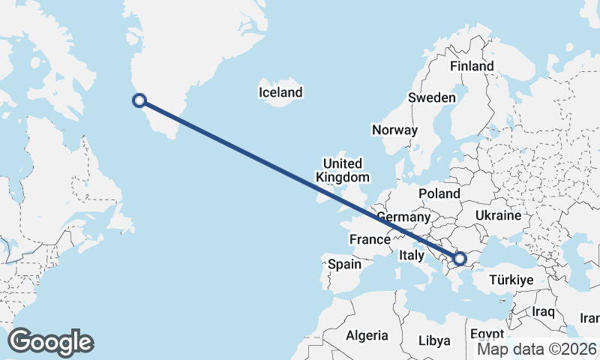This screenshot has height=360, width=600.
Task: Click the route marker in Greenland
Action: point(139,100)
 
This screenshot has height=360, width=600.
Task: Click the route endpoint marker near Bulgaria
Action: point(460,259)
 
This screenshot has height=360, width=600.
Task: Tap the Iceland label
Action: point(280,92)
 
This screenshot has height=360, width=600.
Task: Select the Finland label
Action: point(472,66)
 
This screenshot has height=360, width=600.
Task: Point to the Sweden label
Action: point(431,97)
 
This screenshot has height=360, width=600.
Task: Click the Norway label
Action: point(394,130)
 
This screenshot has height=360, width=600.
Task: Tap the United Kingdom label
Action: point(343,170)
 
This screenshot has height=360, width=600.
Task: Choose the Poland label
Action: point(439,193)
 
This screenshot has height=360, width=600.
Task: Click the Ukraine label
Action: point(497,215)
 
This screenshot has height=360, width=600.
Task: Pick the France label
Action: point(370,240)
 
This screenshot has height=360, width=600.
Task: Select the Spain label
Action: point(344,264)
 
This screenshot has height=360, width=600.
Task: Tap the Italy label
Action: point(411,255)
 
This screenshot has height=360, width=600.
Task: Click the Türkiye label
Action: point(511,280)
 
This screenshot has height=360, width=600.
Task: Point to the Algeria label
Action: point(367,335)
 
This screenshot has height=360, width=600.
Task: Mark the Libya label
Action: point(434,340)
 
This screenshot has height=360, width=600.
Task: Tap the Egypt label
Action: point(488,334)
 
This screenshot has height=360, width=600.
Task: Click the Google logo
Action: point(50,342)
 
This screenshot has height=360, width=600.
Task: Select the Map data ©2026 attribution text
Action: point(537,349)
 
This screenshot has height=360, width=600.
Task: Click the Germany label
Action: point(403,217)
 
